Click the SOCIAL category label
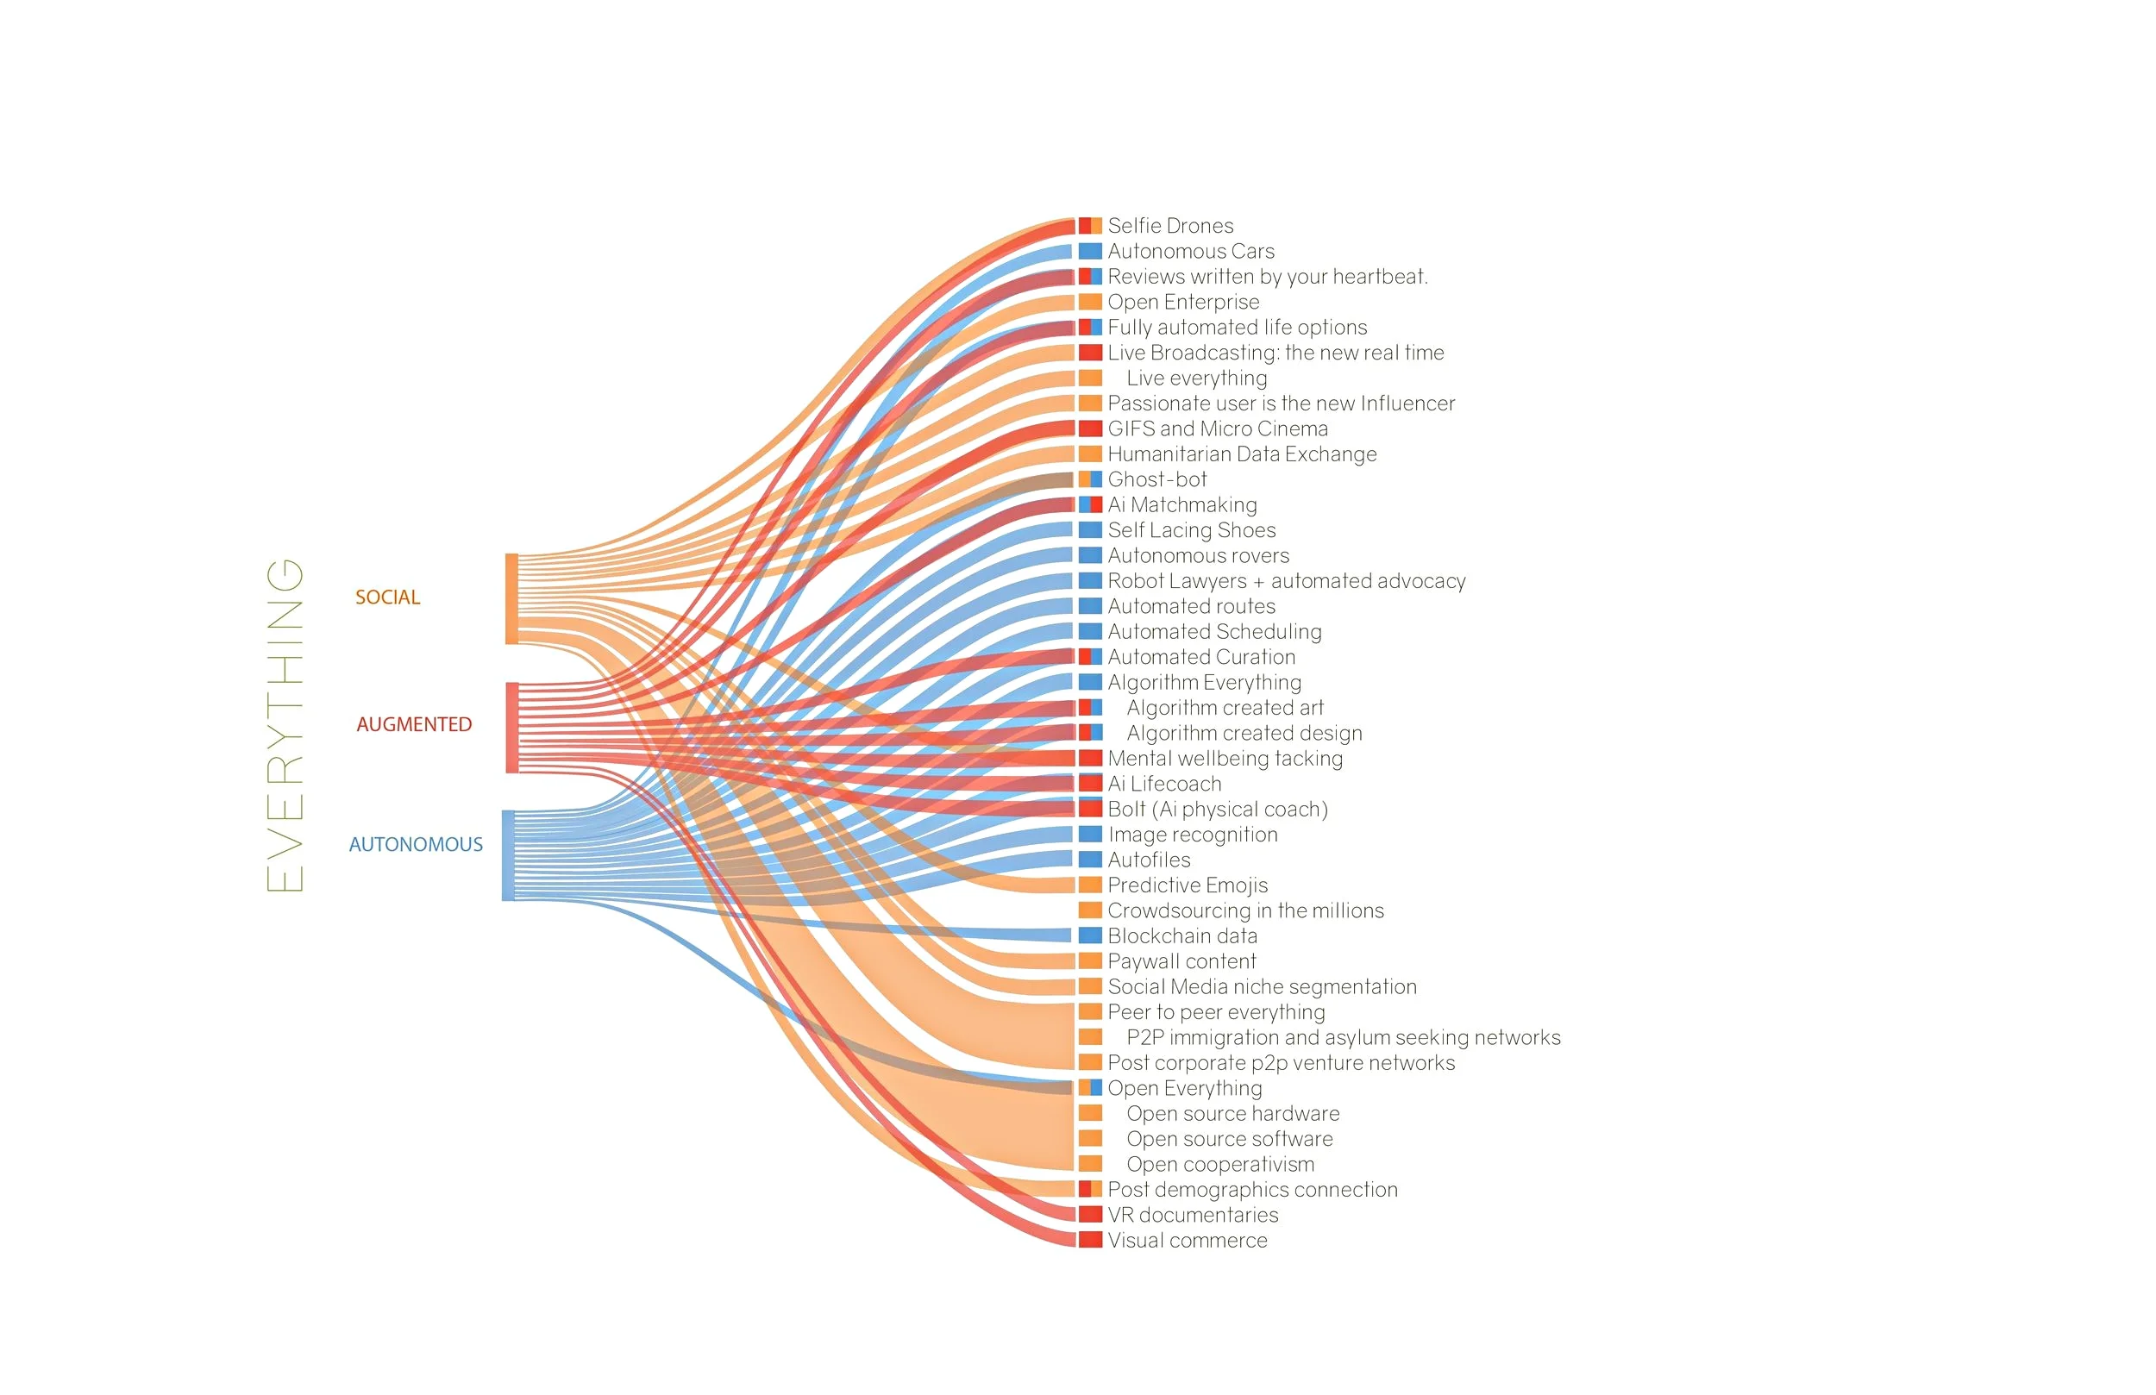click(387, 597)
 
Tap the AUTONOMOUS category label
click(416, 844)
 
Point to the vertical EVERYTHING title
click(285, 725)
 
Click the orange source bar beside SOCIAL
click(511, 598)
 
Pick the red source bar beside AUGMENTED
click(511, 728)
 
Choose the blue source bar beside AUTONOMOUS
click(508, 855)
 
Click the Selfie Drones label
click(1169, 226)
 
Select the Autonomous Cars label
click(1190, 251)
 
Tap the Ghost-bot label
click(1156, 479)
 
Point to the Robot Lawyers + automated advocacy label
click(1286, 580)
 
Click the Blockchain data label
click(1182, 935)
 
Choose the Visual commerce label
click(1187, 1240)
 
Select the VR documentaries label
click(1192, 1215)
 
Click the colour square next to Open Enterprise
click(1090, 302)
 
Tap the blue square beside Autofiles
click(1090, 860)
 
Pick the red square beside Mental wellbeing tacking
click(1090, 758)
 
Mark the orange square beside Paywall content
click(1090, 961)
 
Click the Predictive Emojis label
click(1187, 885)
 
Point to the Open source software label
click(1229, 1139)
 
